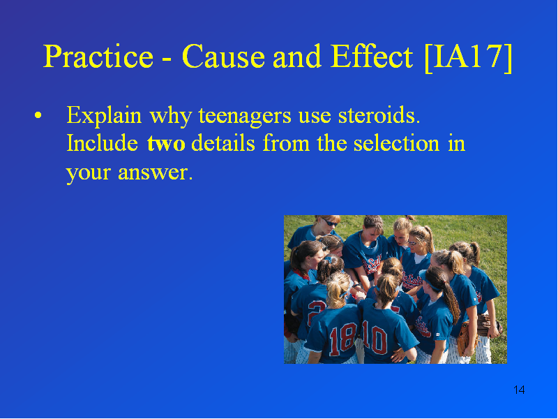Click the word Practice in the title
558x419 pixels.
(x=98, y=57)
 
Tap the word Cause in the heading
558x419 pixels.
(x=223, y=57)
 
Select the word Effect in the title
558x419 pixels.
(x=372, y=57)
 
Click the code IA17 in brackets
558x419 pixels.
(x=468, y=57)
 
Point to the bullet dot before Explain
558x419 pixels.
(x=38, y=115)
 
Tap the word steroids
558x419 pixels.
(x=379, y=115)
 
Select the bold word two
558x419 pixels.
(x=166, y=144)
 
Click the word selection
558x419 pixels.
(x=396, y=143)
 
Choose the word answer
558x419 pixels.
(x=155, y=172)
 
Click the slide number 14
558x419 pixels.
(x=519, y=390)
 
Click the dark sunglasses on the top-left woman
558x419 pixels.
(x=329, y=222)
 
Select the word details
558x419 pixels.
(x=223, y=143)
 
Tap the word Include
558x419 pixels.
(x=102, y=143)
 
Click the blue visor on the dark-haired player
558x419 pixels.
(x=429, y=281)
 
